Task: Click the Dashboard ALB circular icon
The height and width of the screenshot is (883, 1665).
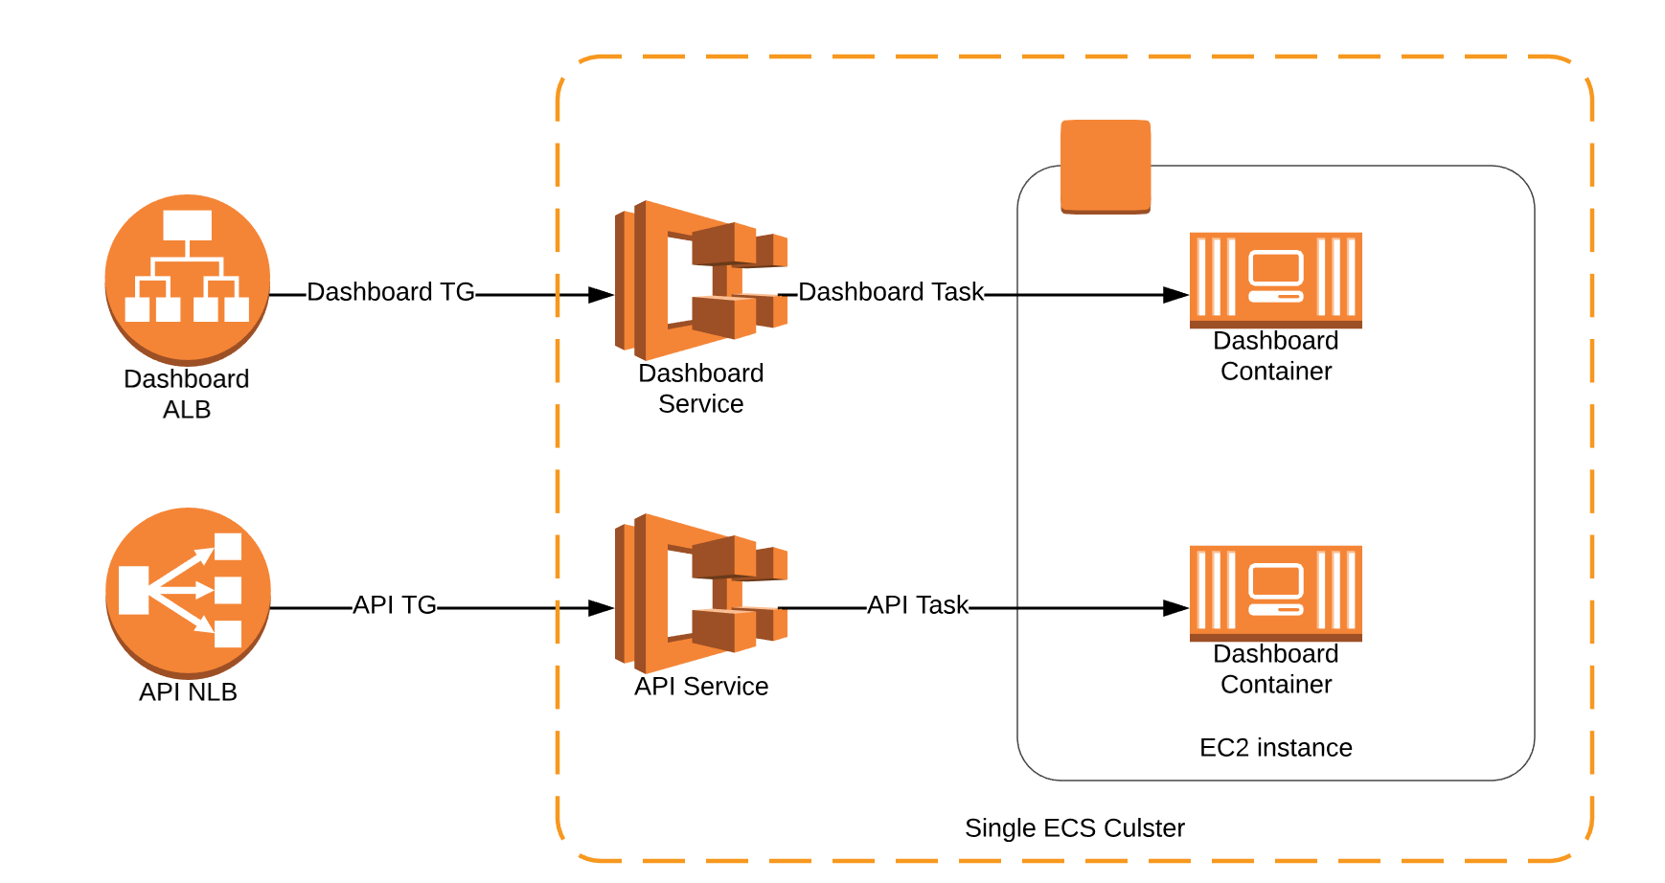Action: (188, 279)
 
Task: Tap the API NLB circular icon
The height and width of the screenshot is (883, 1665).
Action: (188, 592)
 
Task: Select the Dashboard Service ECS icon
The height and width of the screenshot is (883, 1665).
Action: (699, 280)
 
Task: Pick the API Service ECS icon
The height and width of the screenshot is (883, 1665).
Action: (699, 593)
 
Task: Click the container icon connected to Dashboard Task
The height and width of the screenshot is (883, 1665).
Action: (1275, 280)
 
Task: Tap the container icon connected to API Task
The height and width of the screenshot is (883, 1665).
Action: (1275, 593)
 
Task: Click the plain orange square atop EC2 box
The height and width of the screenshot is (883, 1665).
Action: (1106, 166)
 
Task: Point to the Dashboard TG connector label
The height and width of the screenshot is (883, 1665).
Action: (390, 292)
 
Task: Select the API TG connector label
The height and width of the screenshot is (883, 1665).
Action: (394, 605)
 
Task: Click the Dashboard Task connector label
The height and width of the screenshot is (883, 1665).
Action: (890, 292)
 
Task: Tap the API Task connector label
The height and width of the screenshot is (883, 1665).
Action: (918, 605)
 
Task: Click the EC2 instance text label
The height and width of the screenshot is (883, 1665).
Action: (1275, 748)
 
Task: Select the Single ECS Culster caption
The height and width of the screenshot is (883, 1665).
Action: (1074, 828)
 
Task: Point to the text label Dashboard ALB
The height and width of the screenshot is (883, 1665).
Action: (187, 394)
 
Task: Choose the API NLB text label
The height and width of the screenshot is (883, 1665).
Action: (188, 692)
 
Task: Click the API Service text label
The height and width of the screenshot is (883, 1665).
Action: (700, 687)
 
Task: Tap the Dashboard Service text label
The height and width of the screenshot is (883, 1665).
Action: (700, 388)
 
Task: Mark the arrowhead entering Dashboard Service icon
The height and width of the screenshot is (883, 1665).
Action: (601, 295)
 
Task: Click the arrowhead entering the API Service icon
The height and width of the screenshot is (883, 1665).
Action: (601, 608)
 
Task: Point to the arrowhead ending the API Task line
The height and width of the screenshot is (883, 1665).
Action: (1175, 608)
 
